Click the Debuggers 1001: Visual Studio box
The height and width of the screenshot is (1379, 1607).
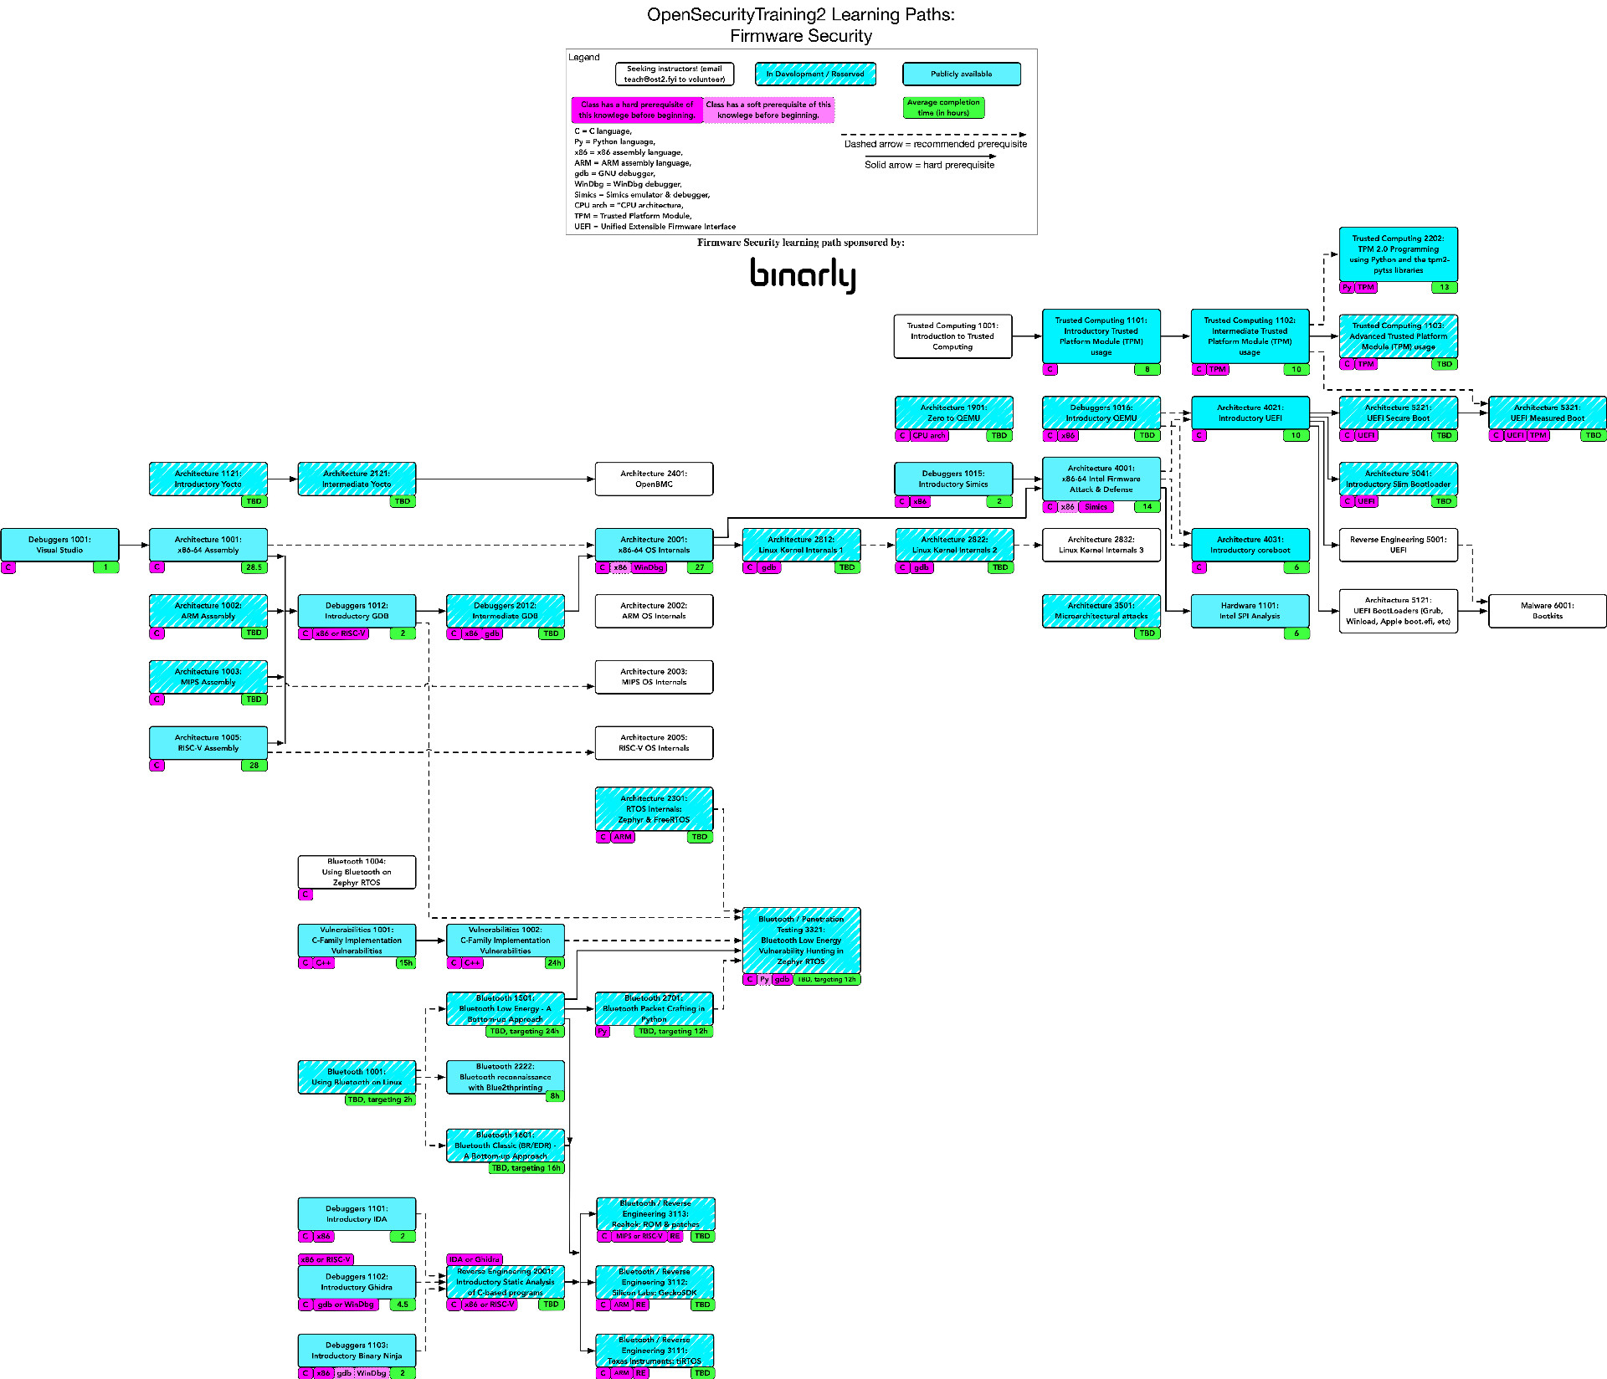click(x=59, y=545)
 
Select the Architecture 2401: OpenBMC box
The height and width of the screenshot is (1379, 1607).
click(x=654, y=479)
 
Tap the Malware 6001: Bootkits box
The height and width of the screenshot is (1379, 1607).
click(x=1547, y=611)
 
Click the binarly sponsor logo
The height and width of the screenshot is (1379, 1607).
click(x=802, y=274)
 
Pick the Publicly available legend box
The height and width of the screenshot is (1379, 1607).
click(x=961, y=74)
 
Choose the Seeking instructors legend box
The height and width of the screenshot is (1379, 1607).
click(x=674, y=74)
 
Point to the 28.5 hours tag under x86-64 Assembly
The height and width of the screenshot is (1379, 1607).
click(x=254, y=567)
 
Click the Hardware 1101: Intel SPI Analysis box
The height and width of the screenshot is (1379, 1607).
click(x=1249, y=611)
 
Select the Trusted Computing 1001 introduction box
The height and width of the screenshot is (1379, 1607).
click(x=952, y=336)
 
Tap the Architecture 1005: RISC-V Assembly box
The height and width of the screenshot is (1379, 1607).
click(x=208, y=743)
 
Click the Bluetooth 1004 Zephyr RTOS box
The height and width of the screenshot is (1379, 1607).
click(x=357, y=872)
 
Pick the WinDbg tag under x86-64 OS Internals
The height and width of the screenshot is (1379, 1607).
click(x=649, y=567)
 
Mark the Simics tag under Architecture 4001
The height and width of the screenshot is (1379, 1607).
click(x=1096, y=507)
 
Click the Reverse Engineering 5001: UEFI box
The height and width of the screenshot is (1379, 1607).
click(x=1398, y=545)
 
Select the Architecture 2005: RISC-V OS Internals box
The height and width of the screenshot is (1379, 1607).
click(x=654, y=743)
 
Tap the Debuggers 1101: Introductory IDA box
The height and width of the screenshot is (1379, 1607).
click(x=357, y=1214)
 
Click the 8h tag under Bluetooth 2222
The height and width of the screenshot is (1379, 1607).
click(x=554, y=1096)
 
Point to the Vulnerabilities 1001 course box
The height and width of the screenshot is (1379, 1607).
click(x=357, y=941)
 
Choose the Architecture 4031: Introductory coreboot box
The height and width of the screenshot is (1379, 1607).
click(x=1249, y=545)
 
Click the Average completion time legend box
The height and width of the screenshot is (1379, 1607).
click(x=943, y=108)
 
